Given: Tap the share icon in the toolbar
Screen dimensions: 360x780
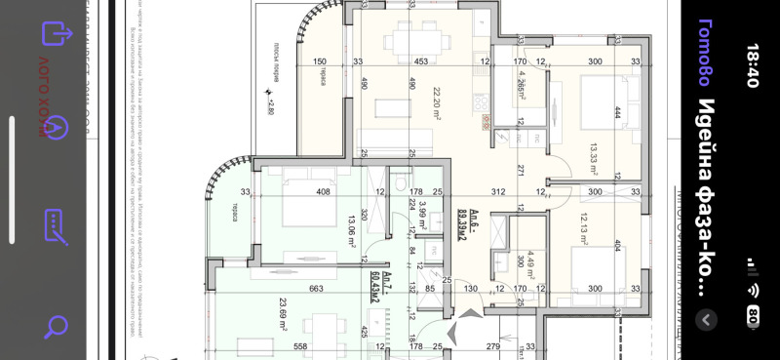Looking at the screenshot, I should (x=57, y=32).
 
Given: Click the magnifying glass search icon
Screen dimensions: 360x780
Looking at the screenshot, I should (x=56, y=326).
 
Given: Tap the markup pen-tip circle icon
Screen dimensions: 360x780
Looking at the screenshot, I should (x=56, y=127).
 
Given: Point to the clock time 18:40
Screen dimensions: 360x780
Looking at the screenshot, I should (x=752, y=65).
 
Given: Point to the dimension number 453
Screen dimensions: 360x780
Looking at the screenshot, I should (x=420, y=61).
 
